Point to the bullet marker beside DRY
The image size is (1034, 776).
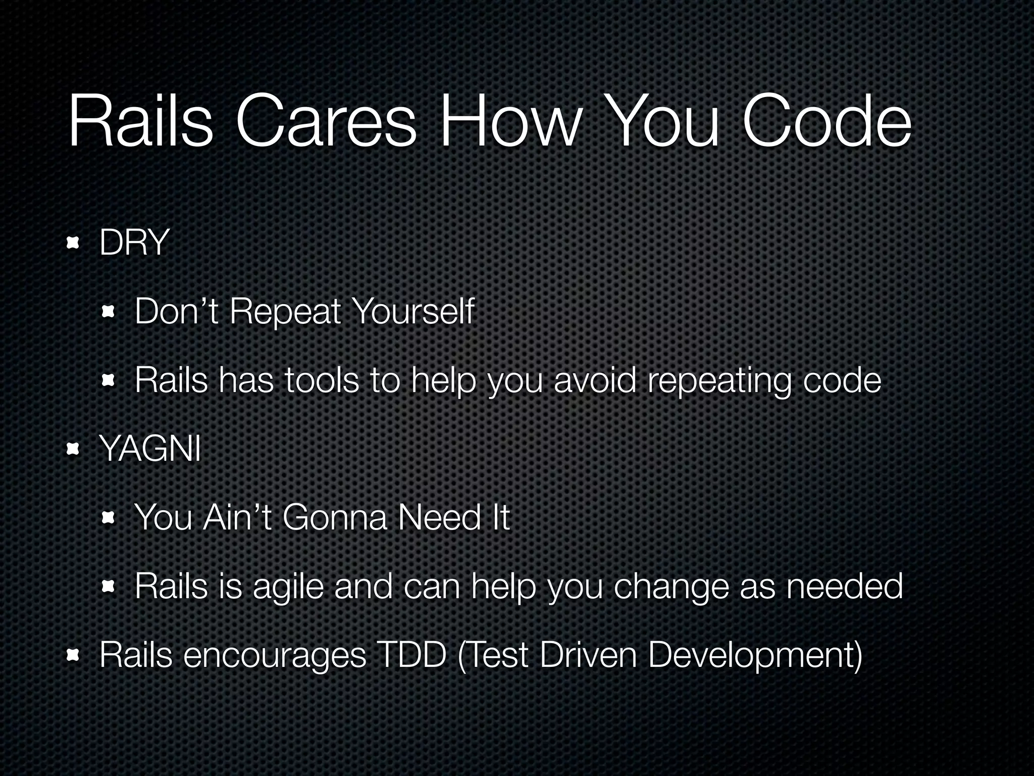[x=73, y=244]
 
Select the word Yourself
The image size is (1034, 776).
[x=413, y=312]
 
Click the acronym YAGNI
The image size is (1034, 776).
[x=150, y=449]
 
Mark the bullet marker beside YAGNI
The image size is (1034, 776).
[x=73, y=449]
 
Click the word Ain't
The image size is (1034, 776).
[x=238, y=518]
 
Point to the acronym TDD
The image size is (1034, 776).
[x=412, y=655]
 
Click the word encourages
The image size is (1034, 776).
[x=275, y=656]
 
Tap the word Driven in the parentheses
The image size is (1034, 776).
[x=588, y=655]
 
